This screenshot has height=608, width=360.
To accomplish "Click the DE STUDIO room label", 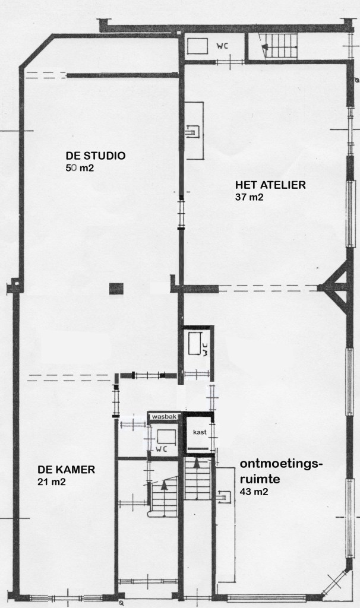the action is [96, 156].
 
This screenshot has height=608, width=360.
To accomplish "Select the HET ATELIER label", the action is [270, 185].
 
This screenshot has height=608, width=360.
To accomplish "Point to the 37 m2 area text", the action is [249, 197].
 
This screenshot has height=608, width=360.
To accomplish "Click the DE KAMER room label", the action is [67, 470].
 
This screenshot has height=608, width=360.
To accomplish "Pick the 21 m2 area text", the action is [52, 482].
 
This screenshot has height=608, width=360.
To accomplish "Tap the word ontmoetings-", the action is [281, 464].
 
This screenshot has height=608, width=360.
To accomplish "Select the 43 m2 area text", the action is [254, 492].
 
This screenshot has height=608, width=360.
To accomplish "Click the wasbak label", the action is [165, 416].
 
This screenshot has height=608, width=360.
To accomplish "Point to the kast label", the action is [200, 432].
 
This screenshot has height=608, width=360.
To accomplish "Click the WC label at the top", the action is [222, 46].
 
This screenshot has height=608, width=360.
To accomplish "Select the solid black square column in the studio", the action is [116, 289].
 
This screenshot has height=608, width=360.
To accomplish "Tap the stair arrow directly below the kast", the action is [197, 462].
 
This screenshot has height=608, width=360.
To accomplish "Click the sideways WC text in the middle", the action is [206, 349].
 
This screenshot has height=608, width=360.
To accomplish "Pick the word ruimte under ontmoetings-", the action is [260, 479].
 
